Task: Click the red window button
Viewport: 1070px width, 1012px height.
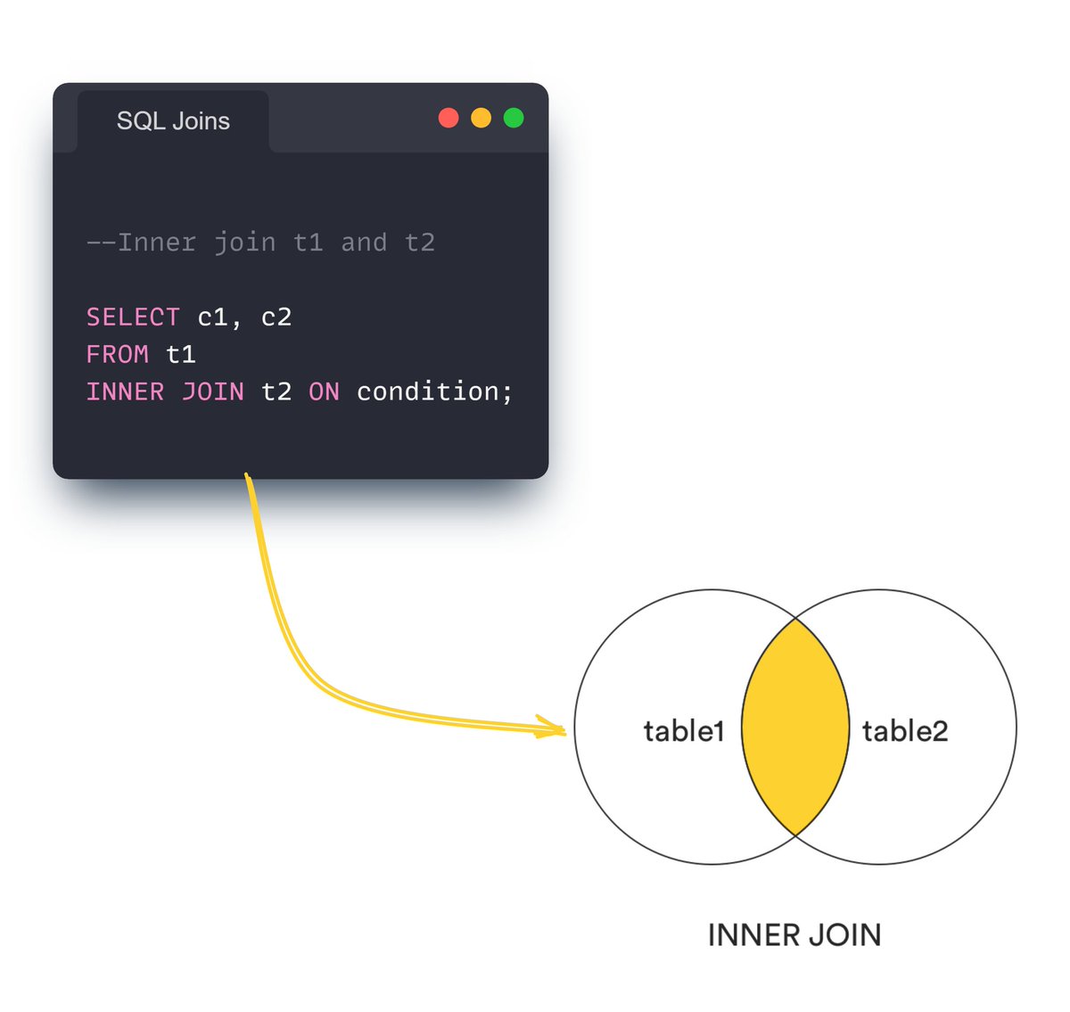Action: tap(449, 118)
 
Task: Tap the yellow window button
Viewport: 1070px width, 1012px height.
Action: tap(481, 118)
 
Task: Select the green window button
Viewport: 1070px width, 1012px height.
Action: tap(514, 118)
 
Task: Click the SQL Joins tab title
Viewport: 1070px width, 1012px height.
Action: tap(173, 121)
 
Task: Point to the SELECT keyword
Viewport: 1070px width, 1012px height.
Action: tap(133, 317)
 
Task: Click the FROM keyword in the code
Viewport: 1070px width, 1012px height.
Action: tap(117, 355)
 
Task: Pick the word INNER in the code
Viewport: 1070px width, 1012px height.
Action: tap(125, 392)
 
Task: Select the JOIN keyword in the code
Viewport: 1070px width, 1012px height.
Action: tap(212, 392)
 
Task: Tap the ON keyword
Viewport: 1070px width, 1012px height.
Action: tap(324, 392)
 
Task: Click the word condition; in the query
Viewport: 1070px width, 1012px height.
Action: tap(434, 392)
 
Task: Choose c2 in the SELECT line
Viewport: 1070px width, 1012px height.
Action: tap(276, 317)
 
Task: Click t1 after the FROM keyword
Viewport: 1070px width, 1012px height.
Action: tap(181, 355)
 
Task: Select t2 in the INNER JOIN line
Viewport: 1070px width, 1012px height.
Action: tap(276, 392)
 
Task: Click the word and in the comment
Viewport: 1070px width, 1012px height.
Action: tap(364, 243)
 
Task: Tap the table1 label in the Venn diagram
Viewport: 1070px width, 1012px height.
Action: tap(684, 731)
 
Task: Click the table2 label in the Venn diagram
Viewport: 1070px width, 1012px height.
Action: tap(904, 731)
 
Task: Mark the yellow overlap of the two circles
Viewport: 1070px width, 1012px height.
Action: tap(795, 727)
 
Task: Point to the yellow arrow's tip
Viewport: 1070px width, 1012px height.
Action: tap(564, 732)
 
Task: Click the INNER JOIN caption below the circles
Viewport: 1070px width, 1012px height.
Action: tap(794, 935)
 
